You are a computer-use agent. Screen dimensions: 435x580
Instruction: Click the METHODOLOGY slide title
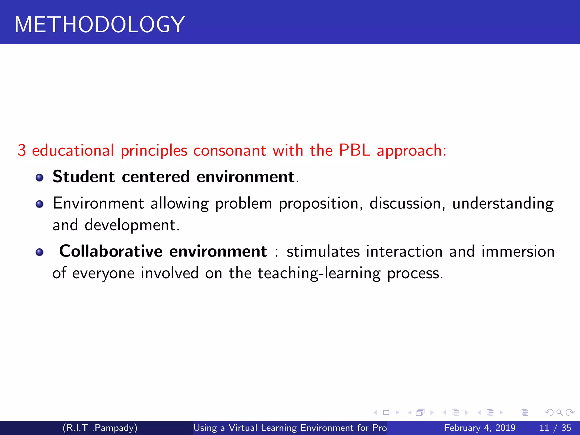[99, 25]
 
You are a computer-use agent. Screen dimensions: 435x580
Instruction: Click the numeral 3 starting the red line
[22, 150]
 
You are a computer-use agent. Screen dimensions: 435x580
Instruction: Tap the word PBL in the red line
[354, 150]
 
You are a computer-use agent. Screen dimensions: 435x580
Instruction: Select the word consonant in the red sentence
[230, 150]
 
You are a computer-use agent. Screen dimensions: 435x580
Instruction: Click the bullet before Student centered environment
[40, 178]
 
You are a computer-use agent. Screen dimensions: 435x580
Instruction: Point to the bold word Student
[84, 177]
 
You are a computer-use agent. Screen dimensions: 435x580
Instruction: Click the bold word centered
[156, 177]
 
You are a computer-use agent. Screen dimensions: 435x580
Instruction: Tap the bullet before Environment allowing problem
[40, 204]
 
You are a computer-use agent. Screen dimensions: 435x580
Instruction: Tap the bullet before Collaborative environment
[40, 252]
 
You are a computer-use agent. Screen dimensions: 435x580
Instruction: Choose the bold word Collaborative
[111, 251]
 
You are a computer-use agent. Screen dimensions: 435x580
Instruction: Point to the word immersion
[518, 251]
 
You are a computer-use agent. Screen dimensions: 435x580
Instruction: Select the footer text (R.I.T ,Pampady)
[100, 428]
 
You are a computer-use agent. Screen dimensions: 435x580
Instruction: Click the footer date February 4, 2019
[480, 428]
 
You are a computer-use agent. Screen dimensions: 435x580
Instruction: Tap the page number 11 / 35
[555, 428]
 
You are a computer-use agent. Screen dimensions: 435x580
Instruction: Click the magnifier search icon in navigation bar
[559, 413]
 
